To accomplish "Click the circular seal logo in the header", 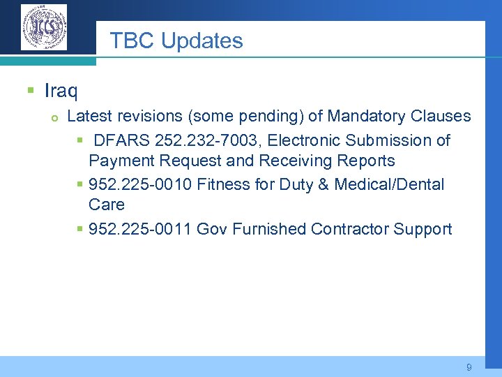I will point(44,27).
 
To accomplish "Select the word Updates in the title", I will point(202,41).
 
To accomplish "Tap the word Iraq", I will point(61,91).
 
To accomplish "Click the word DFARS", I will point(122,140).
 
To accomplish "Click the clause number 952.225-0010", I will point(140,184).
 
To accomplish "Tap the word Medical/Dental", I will point(389,184).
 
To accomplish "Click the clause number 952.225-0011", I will point(140,229).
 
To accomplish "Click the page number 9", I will point(469,367).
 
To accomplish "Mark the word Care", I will point(107,205).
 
